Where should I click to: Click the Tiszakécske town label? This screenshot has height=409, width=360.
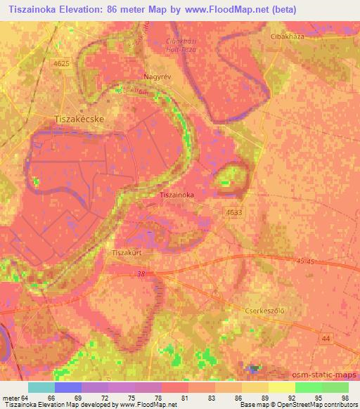pyautogui.click(x=79, y=119)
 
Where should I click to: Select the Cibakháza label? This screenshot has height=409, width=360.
pyautogui.click(x=290, y=34)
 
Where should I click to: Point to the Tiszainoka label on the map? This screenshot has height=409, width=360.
pyautogui.click(x=181, y=195)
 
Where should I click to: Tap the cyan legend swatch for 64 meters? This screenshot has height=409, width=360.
pyautogui.click(x=41, y=387)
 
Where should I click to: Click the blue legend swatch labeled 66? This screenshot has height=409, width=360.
pyautogui.click(x=68, y=387)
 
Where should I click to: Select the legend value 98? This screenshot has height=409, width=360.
pyautogui.click(x=345, y=397)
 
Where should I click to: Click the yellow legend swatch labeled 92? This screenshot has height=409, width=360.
pyautogui.click(x=282, y=387)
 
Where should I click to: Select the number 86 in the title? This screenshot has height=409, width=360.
pyautogui.click(x=118, y=10)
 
